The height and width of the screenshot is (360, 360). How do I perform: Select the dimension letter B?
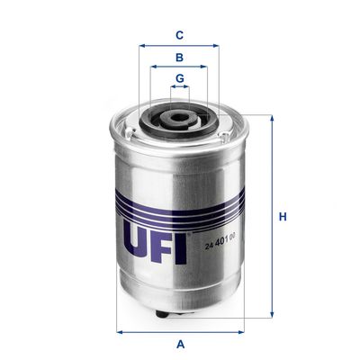(179, 57)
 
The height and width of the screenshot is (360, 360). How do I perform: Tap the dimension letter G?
(179, 78)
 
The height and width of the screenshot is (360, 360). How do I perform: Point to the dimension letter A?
(180, 343)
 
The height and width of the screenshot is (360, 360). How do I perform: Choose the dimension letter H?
(282, 217)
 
